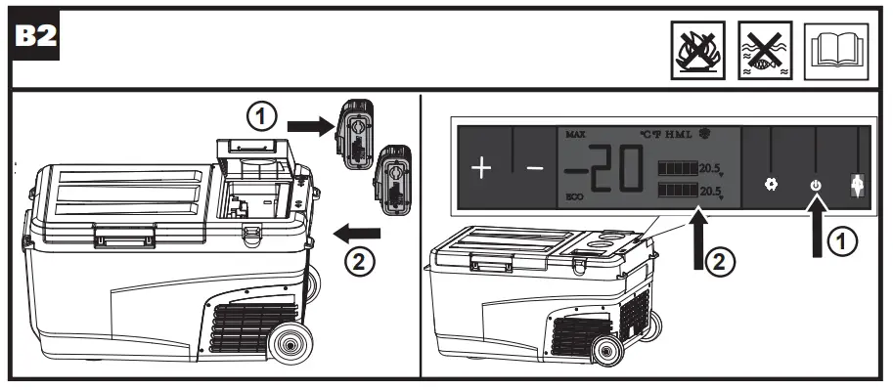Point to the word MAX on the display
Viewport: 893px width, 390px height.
575,134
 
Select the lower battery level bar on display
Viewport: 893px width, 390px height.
677,189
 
